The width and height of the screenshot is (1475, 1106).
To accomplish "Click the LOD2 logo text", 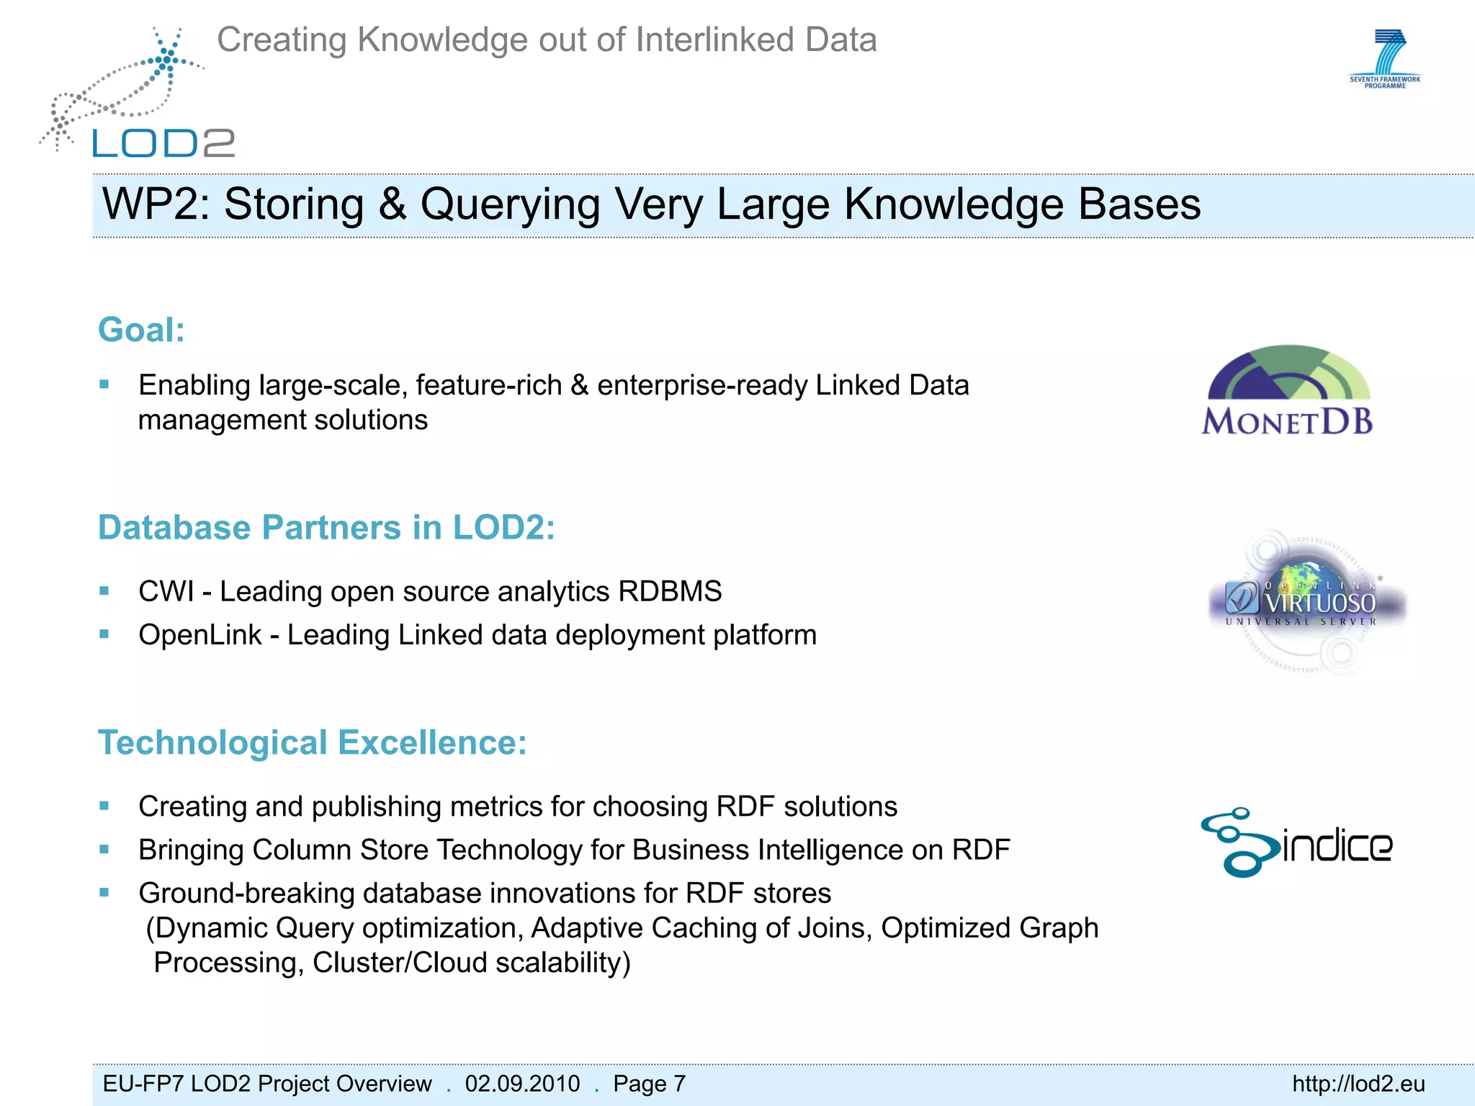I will pos(163,143).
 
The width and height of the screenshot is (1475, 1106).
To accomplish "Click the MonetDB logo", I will pos(1288,391).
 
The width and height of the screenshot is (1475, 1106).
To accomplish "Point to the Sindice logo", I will pos(1296,842).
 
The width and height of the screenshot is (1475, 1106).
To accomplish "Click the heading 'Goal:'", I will pos(141,331).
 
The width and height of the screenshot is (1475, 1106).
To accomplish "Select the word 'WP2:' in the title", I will pos(156,204).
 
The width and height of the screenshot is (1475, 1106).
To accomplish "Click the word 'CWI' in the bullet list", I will pos(166,592).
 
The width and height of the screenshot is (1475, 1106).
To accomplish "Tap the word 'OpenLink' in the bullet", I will pos(199,635).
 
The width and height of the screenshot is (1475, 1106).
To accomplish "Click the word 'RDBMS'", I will pos(670,592).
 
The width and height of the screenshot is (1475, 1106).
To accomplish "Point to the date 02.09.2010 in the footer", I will pos(522,1084).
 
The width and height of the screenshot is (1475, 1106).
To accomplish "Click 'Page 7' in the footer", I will pos(649,1084).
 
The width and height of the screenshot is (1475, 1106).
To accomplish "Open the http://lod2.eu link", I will pos(1358,1084).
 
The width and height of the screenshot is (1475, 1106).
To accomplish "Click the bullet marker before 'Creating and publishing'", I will pos(104,806).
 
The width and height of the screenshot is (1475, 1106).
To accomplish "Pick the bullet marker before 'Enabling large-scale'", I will pos(104,385).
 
